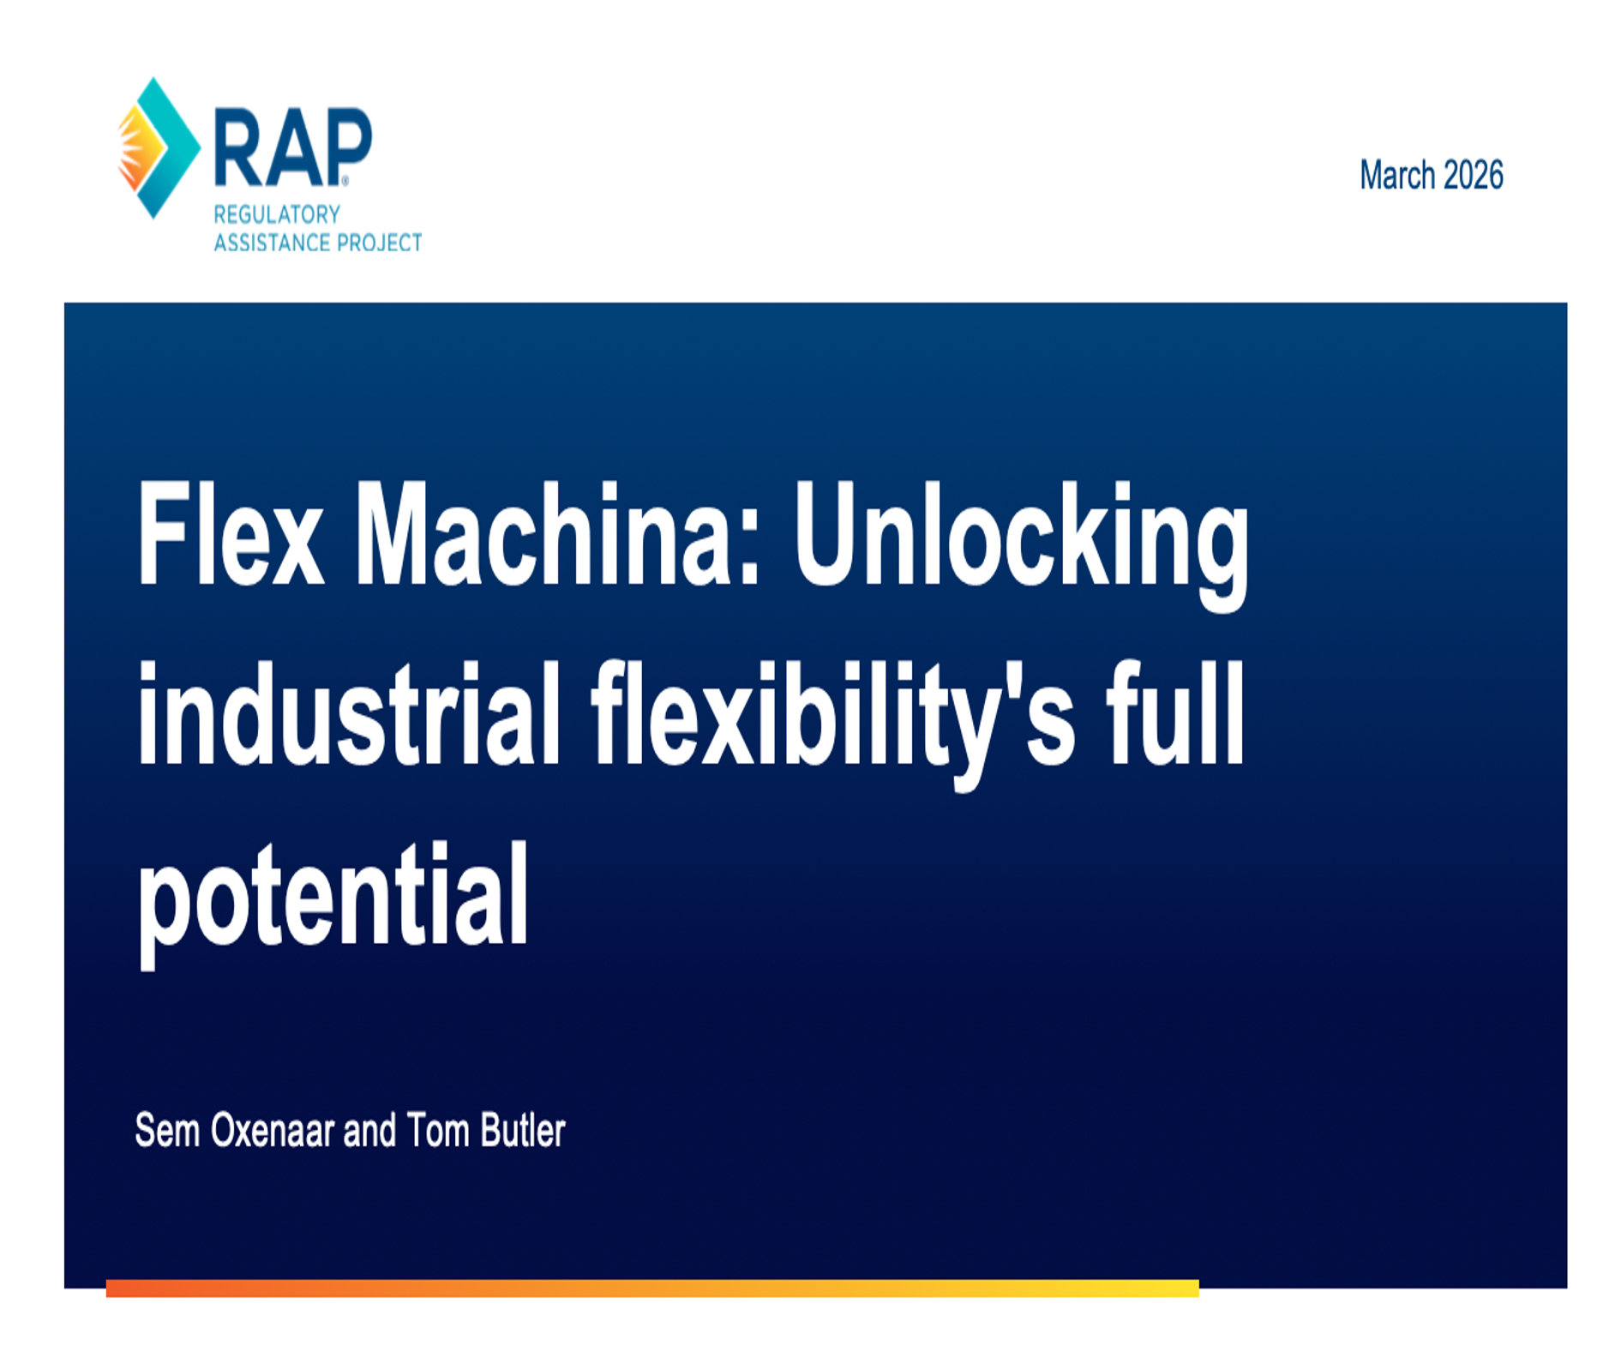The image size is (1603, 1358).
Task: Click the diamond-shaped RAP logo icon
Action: tap(158, 147)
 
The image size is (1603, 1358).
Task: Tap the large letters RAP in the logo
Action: tap(292, 147)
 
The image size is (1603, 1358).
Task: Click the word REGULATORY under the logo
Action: tap(277, 214)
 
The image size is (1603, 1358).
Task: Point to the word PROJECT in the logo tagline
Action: tap(380, 243)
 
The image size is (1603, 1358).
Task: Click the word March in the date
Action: tap(1397, 176)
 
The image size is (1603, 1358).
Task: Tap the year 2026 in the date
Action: tap(1473, 176)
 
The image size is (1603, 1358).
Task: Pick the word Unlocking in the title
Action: tap(1020, 540)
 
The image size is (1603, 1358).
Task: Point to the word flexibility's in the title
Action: tap(832, 720)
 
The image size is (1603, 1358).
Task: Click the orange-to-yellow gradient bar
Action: tap(651, 1288)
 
